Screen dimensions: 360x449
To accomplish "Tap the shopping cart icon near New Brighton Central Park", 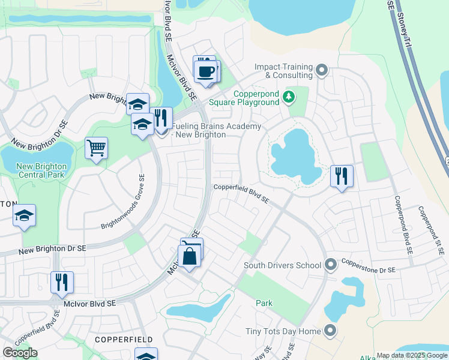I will [96, 147].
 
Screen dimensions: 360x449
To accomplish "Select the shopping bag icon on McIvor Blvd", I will [190, 256].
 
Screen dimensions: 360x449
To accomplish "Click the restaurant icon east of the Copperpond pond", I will [342, 176].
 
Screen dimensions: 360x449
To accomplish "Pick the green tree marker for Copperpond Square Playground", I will [289, 96].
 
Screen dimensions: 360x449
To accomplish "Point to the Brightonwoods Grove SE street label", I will [122, 202].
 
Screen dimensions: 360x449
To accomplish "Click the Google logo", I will [19, 353].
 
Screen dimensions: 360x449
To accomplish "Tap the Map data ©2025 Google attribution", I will [411, 355].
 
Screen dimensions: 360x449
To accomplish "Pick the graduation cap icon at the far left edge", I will [23, 216].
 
